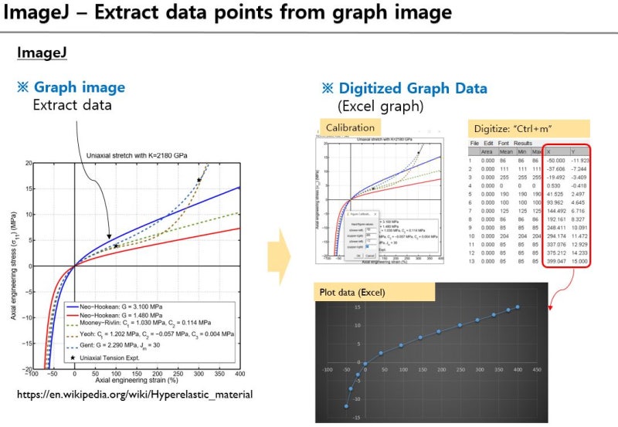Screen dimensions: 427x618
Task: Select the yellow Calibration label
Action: click(x=350, y=127)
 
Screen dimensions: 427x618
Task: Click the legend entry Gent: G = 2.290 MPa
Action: click(x=124, y=348)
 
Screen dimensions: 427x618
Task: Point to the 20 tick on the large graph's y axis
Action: click(x=27, y=164)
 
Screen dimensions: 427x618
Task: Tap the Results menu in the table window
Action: click(x=523, y=143)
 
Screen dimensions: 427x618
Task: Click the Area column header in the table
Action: click(x=488, y=152)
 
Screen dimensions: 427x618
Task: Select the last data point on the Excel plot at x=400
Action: click(x=518, y=307)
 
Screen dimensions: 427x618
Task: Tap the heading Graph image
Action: click(x=78, y=88)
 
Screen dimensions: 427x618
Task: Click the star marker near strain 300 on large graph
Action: click(x=199, y=180)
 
